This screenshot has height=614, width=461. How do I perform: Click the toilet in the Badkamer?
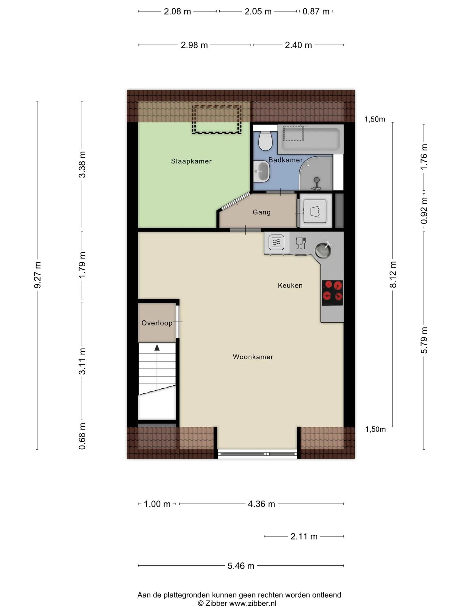tap(265, 140)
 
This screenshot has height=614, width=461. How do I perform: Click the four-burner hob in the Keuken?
tap(332, 293)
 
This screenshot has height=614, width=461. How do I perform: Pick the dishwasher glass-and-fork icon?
tap(301, 243)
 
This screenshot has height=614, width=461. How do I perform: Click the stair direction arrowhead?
tap(157, 347)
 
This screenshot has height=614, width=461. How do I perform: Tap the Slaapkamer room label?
tap(191, 161)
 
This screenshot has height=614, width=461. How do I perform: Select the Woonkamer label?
tap(253, 357)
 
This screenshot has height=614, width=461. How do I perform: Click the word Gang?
tap(262, 212)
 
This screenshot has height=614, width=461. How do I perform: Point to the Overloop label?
tap(157, 323)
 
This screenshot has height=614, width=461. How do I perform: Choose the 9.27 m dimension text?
tap(37, 275)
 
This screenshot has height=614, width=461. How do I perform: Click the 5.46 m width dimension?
tap(241, 566)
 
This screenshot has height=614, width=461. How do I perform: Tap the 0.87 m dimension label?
tap(316, 12)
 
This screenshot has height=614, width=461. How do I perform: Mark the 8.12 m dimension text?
tap(393, 274)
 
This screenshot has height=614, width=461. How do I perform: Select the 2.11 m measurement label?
tap(304, 536)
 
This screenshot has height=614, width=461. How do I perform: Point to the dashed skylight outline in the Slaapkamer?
tap(216, 119)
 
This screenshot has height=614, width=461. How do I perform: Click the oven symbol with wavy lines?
tap(276, 242)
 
